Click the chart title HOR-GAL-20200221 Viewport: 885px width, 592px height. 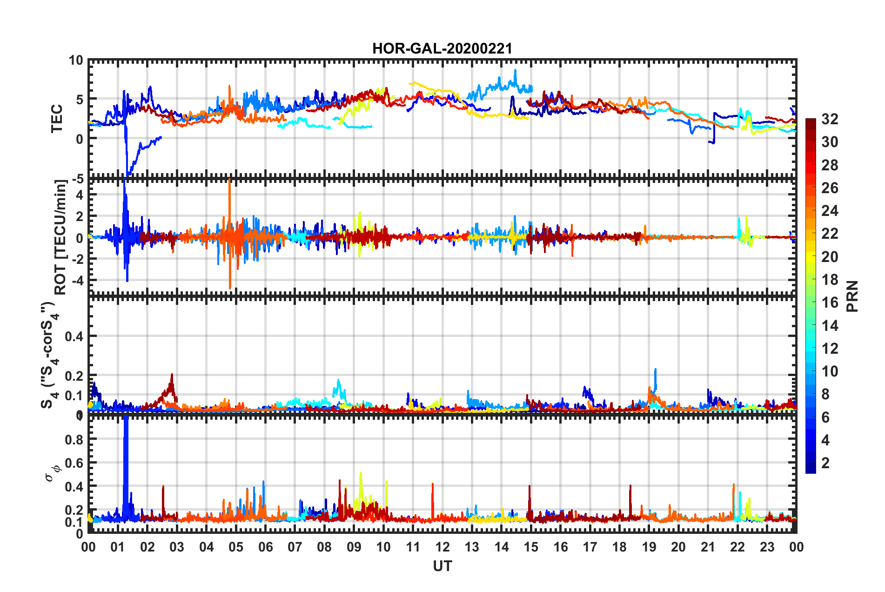pyautogui.click(x=442, y=48)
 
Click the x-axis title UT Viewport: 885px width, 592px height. pyautogui.click(x=442, y=566)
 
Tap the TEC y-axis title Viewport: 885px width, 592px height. pyautogui.click(x=57, y=119)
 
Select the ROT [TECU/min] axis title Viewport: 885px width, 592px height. pyautogui.click(x=61, y=237)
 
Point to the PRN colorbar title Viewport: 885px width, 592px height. pyautogui.click(x=852, y=296)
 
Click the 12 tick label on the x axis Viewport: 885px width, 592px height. pyautogui.click(x=442, y=547)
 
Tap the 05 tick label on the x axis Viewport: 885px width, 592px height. pyautogui.click(x=236, y=547)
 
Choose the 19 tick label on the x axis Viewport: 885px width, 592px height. pyautogui.click(x=649, y=547)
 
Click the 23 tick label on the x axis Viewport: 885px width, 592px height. pyautogui.click(x=767, y=547)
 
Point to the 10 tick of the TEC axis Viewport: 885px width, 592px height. pyautogui.click(x=76, y=61)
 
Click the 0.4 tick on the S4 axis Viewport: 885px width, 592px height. pyautogui.click(x=74, y=336)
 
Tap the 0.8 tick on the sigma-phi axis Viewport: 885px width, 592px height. pyautogui.click(x=74, y=439)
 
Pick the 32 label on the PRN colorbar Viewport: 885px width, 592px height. pyautogui.click(x=829, y=119)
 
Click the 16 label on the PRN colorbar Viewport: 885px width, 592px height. pyautogui.click(x=829, y=303)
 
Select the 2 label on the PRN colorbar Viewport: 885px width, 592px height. pyautogui.click(x=825, y=463)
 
